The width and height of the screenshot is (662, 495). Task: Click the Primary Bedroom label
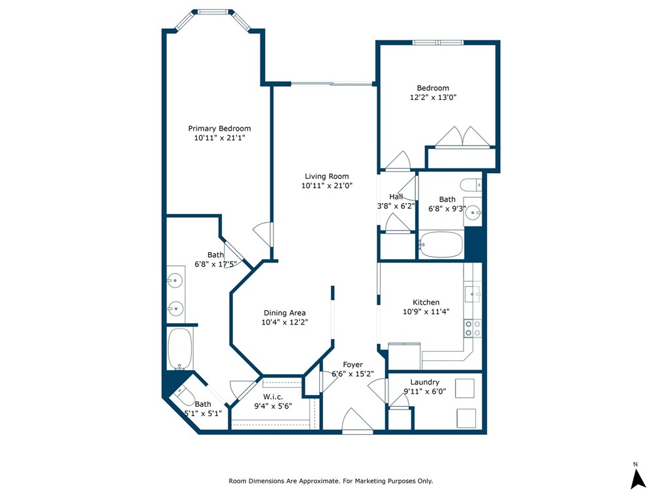point(219,129)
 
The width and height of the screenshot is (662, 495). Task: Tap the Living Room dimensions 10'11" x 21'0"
point(326,185)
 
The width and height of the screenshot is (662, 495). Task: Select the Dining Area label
point(284,313)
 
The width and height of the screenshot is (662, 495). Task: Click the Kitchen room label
point(426,302)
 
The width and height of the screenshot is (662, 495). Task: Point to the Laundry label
point(424,382)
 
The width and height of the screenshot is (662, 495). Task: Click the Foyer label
point(353,364)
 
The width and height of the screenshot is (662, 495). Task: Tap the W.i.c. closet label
point(272,396)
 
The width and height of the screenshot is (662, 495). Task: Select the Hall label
point(396,197)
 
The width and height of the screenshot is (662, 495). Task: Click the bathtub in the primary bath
point(180,348)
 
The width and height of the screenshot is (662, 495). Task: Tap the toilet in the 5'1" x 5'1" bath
point(182,395)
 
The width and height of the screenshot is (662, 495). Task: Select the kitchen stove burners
point(472,328)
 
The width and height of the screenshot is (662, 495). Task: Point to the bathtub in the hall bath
point(441,245)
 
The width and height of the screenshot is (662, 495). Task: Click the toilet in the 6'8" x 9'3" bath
point(470,184)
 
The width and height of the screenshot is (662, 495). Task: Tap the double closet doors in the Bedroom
point(463,138)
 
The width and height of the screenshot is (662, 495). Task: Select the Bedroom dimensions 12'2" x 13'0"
point(433,98)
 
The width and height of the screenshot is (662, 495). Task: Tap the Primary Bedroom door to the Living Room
point(263,234)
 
